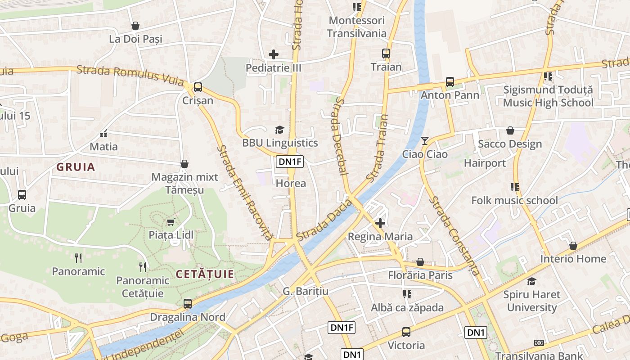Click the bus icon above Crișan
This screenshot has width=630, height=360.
point(198,87)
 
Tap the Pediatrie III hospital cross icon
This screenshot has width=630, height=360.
point(273,55)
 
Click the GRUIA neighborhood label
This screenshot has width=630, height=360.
point(76,167)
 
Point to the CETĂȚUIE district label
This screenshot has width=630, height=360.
point(205,274)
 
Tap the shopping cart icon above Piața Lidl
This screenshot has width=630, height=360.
point(171,222)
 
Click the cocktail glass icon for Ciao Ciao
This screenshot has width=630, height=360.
point(424,141)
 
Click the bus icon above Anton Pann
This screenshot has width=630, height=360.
point(450,82)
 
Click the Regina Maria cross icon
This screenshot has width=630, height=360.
point(380,223)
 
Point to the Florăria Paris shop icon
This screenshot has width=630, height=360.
point(420,262)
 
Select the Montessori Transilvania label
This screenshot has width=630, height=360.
point(356,27)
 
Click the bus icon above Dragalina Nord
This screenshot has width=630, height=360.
point(188,304)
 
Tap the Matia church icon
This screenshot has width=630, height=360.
point(103,134)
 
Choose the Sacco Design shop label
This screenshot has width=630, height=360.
point(509,144)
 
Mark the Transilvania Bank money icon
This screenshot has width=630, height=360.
point(539,343)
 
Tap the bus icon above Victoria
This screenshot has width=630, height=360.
point(406,332)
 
